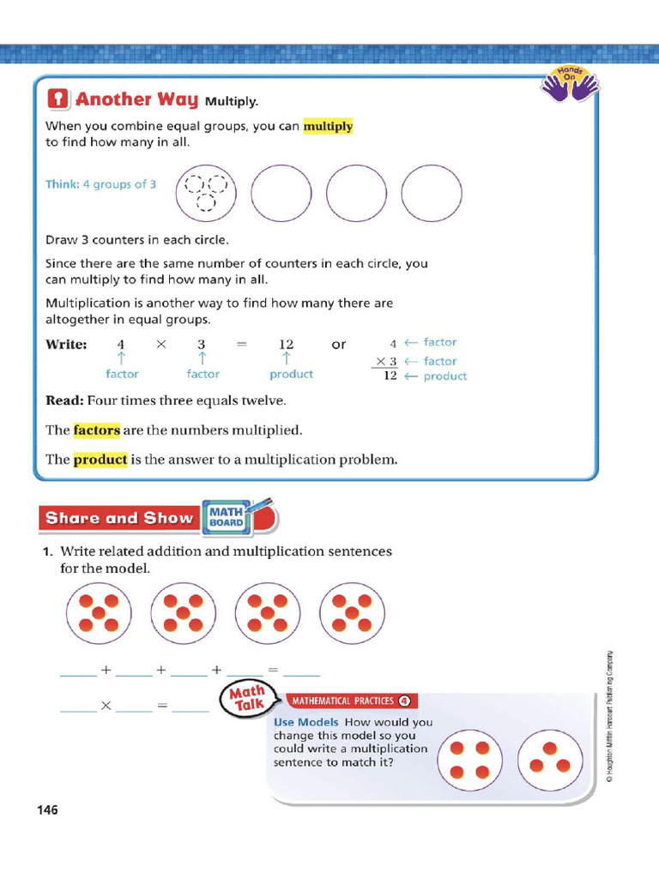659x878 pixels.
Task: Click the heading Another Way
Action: pyautogui.click(x=136, y=99)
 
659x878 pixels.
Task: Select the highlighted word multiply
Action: pyautogui.click(x=328, y=126)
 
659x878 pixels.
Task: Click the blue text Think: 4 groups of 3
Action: pyautogui.click(x=100, y=184)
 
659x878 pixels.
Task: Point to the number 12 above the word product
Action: pyautogui.click(x=287, y=344)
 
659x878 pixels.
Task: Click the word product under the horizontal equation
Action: pyautogui.click(x=291, y=374)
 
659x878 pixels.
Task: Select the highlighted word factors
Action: pyautogui.click(x=96, y=430)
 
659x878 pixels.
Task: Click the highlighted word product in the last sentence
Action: pyautogui.click(x=100, y=460)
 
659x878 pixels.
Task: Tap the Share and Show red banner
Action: pyautogui.click(x=119, y=518)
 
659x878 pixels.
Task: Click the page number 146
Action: pyautogui.click(x=47, y=809)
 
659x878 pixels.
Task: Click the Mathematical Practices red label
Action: pyautogui.click(x=352, y=701)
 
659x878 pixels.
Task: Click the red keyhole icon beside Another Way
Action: pyautogui.click(x=57, y=99)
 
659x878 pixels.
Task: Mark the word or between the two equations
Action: pyautogui.click(x=339, y=345)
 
